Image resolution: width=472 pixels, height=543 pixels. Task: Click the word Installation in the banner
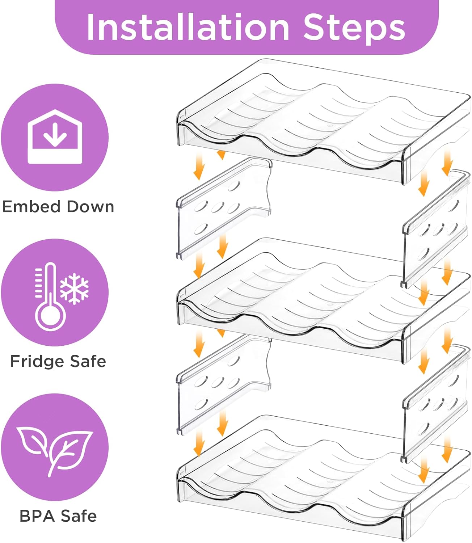187,28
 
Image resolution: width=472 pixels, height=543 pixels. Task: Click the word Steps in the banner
354,28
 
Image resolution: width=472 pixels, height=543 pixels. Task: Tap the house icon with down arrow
55,137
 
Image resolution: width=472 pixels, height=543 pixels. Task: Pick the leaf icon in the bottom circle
54,449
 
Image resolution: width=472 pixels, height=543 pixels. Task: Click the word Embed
31,207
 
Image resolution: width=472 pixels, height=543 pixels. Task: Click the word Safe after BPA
79,516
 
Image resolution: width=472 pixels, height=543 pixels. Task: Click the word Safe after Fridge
88,361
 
